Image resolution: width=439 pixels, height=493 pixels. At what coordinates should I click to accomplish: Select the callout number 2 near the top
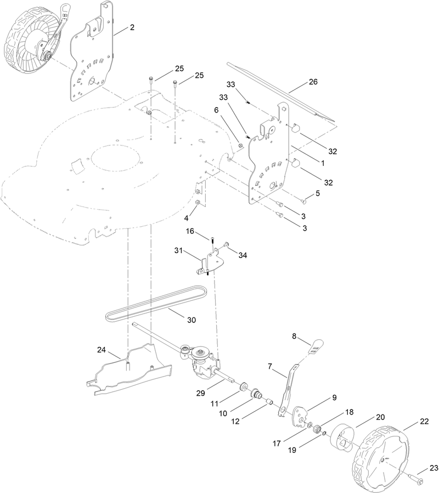tap(132, 27)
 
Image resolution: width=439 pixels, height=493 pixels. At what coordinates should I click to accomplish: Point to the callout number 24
tap(101, 350)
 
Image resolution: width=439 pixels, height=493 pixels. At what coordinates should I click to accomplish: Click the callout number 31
tap(178, 250)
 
